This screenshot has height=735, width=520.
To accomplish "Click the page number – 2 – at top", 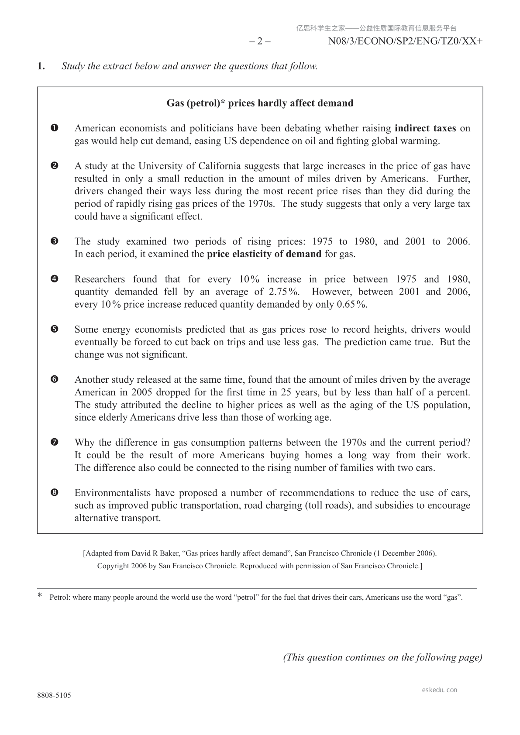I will [260, 41].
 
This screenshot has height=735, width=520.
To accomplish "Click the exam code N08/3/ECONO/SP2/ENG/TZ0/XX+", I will [406, 41].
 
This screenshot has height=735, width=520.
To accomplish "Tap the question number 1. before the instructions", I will [41, 66].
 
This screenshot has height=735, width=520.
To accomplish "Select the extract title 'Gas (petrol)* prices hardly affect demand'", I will [260, 103].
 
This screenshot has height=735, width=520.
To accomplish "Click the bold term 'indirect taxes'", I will [425, 128].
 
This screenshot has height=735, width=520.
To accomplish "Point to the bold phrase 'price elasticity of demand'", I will [264, 254].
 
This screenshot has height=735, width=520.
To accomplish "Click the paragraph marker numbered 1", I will [55, 128].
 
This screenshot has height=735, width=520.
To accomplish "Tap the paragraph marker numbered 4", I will [55, 279].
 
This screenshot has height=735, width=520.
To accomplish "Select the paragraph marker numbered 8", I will [55, 493].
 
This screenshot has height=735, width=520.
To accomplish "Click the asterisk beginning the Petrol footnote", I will [40, 596].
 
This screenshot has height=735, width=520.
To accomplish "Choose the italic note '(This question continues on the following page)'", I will [383, 658].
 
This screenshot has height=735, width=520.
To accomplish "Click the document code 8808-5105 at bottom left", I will [54, 696].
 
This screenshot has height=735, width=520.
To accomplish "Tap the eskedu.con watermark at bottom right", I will [440, 690].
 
